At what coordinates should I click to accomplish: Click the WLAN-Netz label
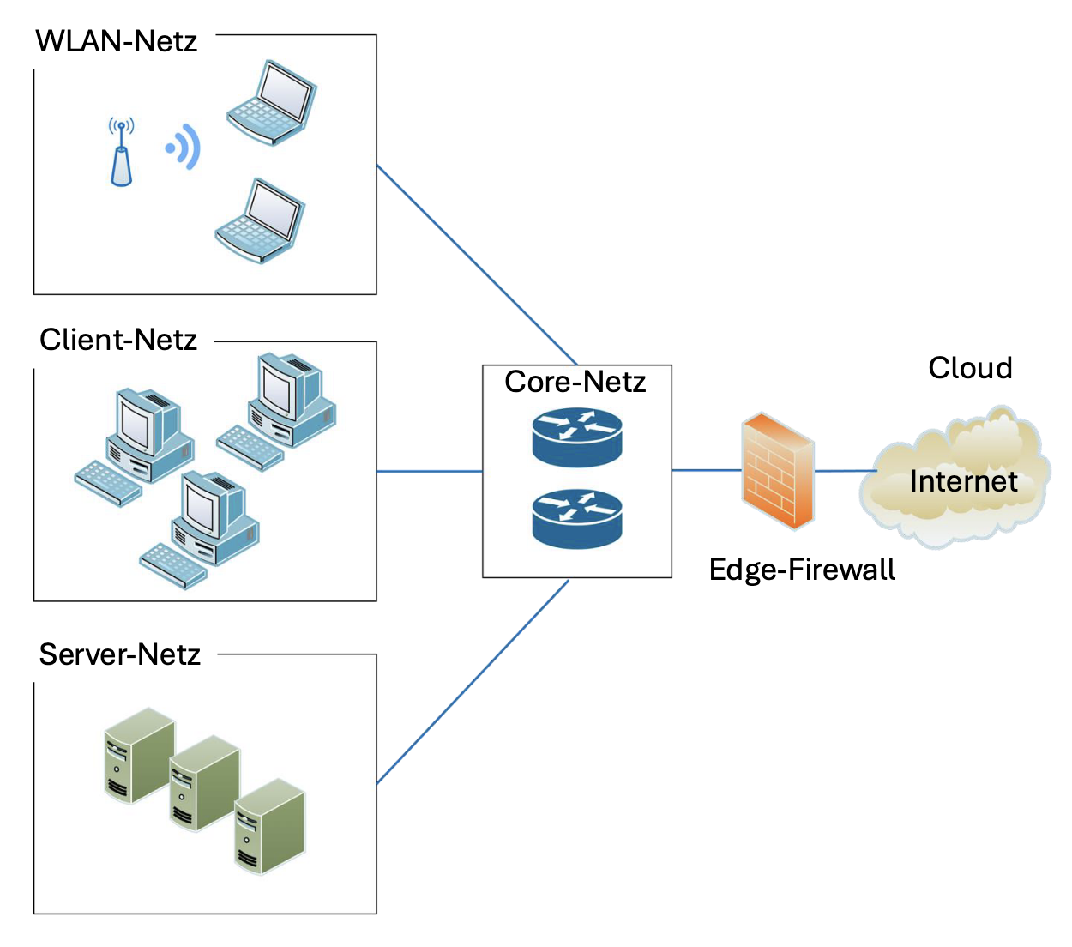coord(117,41)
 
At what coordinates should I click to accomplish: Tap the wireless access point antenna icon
coord(121,154)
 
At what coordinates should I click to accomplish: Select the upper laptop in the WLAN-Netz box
coord(272,101)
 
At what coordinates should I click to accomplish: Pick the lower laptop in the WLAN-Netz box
coord(260,220)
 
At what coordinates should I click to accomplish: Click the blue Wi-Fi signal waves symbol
coord(184,148)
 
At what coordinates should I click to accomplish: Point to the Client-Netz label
coord(118,340)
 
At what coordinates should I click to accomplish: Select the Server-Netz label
coord(120,654)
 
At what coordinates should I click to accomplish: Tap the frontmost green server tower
coord(269,826)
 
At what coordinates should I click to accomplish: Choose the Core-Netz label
coord(575,382)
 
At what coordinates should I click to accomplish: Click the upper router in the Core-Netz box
coord(576,436)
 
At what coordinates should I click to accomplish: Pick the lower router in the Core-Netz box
coord(576,517)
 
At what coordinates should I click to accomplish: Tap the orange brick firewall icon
coord(777,471)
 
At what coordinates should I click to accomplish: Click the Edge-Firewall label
coord(802,570)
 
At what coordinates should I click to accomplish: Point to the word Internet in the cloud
coord(963,481)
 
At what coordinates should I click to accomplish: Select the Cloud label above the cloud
coord(970,368)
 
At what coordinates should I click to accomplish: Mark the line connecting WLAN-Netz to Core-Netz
coord(476,264)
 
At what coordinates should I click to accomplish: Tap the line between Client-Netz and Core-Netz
coord(430,471)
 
